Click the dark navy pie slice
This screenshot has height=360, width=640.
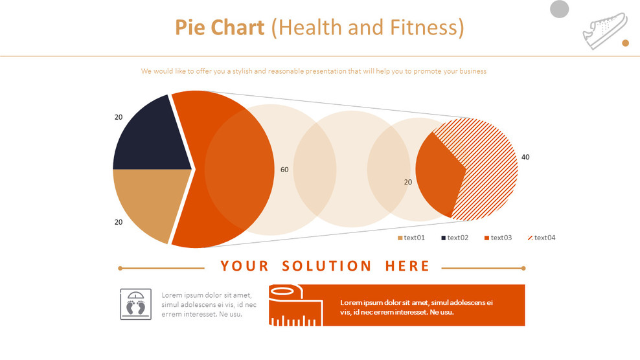pos(149,136)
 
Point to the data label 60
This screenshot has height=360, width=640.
pos(284,170)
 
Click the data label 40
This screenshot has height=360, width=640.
pos(525,157)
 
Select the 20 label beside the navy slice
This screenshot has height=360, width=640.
pos(119,117)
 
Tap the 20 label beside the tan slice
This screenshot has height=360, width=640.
pos(119,222)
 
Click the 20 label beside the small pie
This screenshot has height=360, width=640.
pos(408,182)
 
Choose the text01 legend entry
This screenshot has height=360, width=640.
pos(411,238)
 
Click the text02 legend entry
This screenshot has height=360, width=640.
pos(455,238)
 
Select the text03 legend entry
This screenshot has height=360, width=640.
pos(498,238)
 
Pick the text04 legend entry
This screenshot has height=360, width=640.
pos(542,238)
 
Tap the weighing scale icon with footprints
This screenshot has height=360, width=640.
pos(136,304)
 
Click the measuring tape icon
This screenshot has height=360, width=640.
pos(295,305)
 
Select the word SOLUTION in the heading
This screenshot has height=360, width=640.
pos(327,266)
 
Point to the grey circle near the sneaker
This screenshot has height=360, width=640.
pos(559,9)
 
